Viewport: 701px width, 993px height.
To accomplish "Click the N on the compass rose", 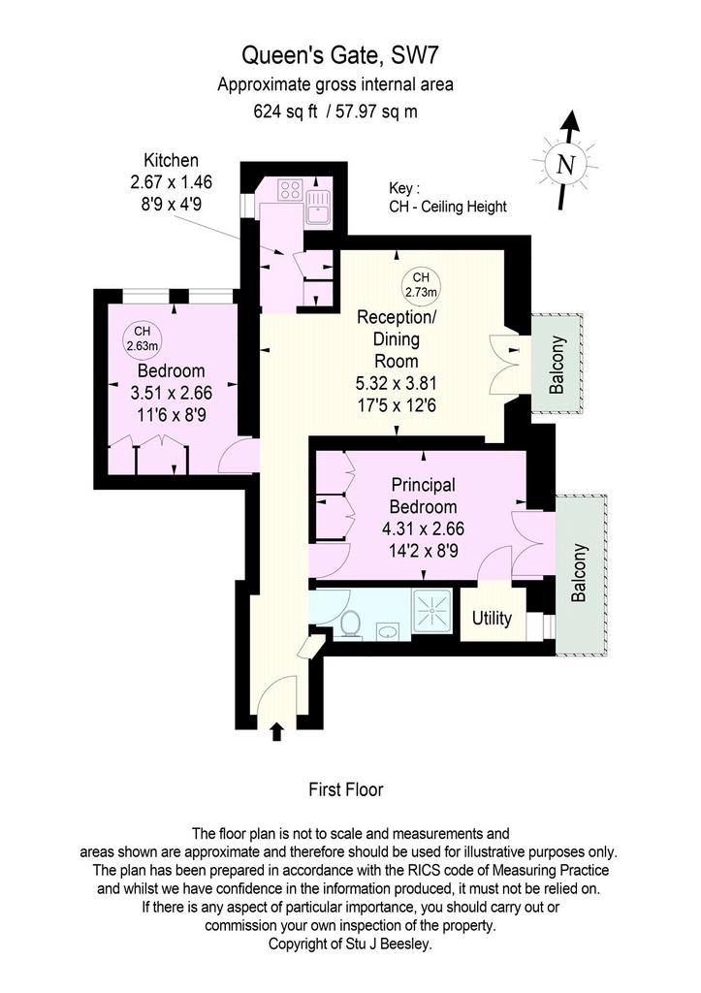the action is [x=565, y=165].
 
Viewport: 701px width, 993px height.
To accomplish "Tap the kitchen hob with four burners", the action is [x=290, y=189].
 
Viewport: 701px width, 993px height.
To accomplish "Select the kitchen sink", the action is [x=317, y=207].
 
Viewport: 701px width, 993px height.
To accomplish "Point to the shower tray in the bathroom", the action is [x=431, y=611].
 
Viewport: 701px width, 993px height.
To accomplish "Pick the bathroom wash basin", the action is [x=387, y=630].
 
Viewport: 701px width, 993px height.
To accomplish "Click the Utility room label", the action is [x=492, y=618].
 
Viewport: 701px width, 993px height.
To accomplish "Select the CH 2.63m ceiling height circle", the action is [x=143, y=338].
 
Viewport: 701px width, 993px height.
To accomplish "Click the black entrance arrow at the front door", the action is [x=276, y=731].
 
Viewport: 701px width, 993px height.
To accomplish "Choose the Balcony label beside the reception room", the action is [x=557, y=366].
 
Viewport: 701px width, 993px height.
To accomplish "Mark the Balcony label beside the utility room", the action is [x=579, y=572].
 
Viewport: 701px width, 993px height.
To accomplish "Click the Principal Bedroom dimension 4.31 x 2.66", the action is [x=423, y=529].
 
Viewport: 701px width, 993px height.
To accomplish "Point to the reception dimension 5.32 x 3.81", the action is [x=397, y=383].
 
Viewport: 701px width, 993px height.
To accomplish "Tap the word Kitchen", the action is [x=171, y=160].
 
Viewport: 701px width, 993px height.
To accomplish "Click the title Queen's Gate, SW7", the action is [x=340, y=55].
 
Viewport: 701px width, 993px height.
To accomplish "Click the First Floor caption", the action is [x=346, y=789].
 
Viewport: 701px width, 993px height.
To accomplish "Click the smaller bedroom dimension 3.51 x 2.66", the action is [x=171, y=393].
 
